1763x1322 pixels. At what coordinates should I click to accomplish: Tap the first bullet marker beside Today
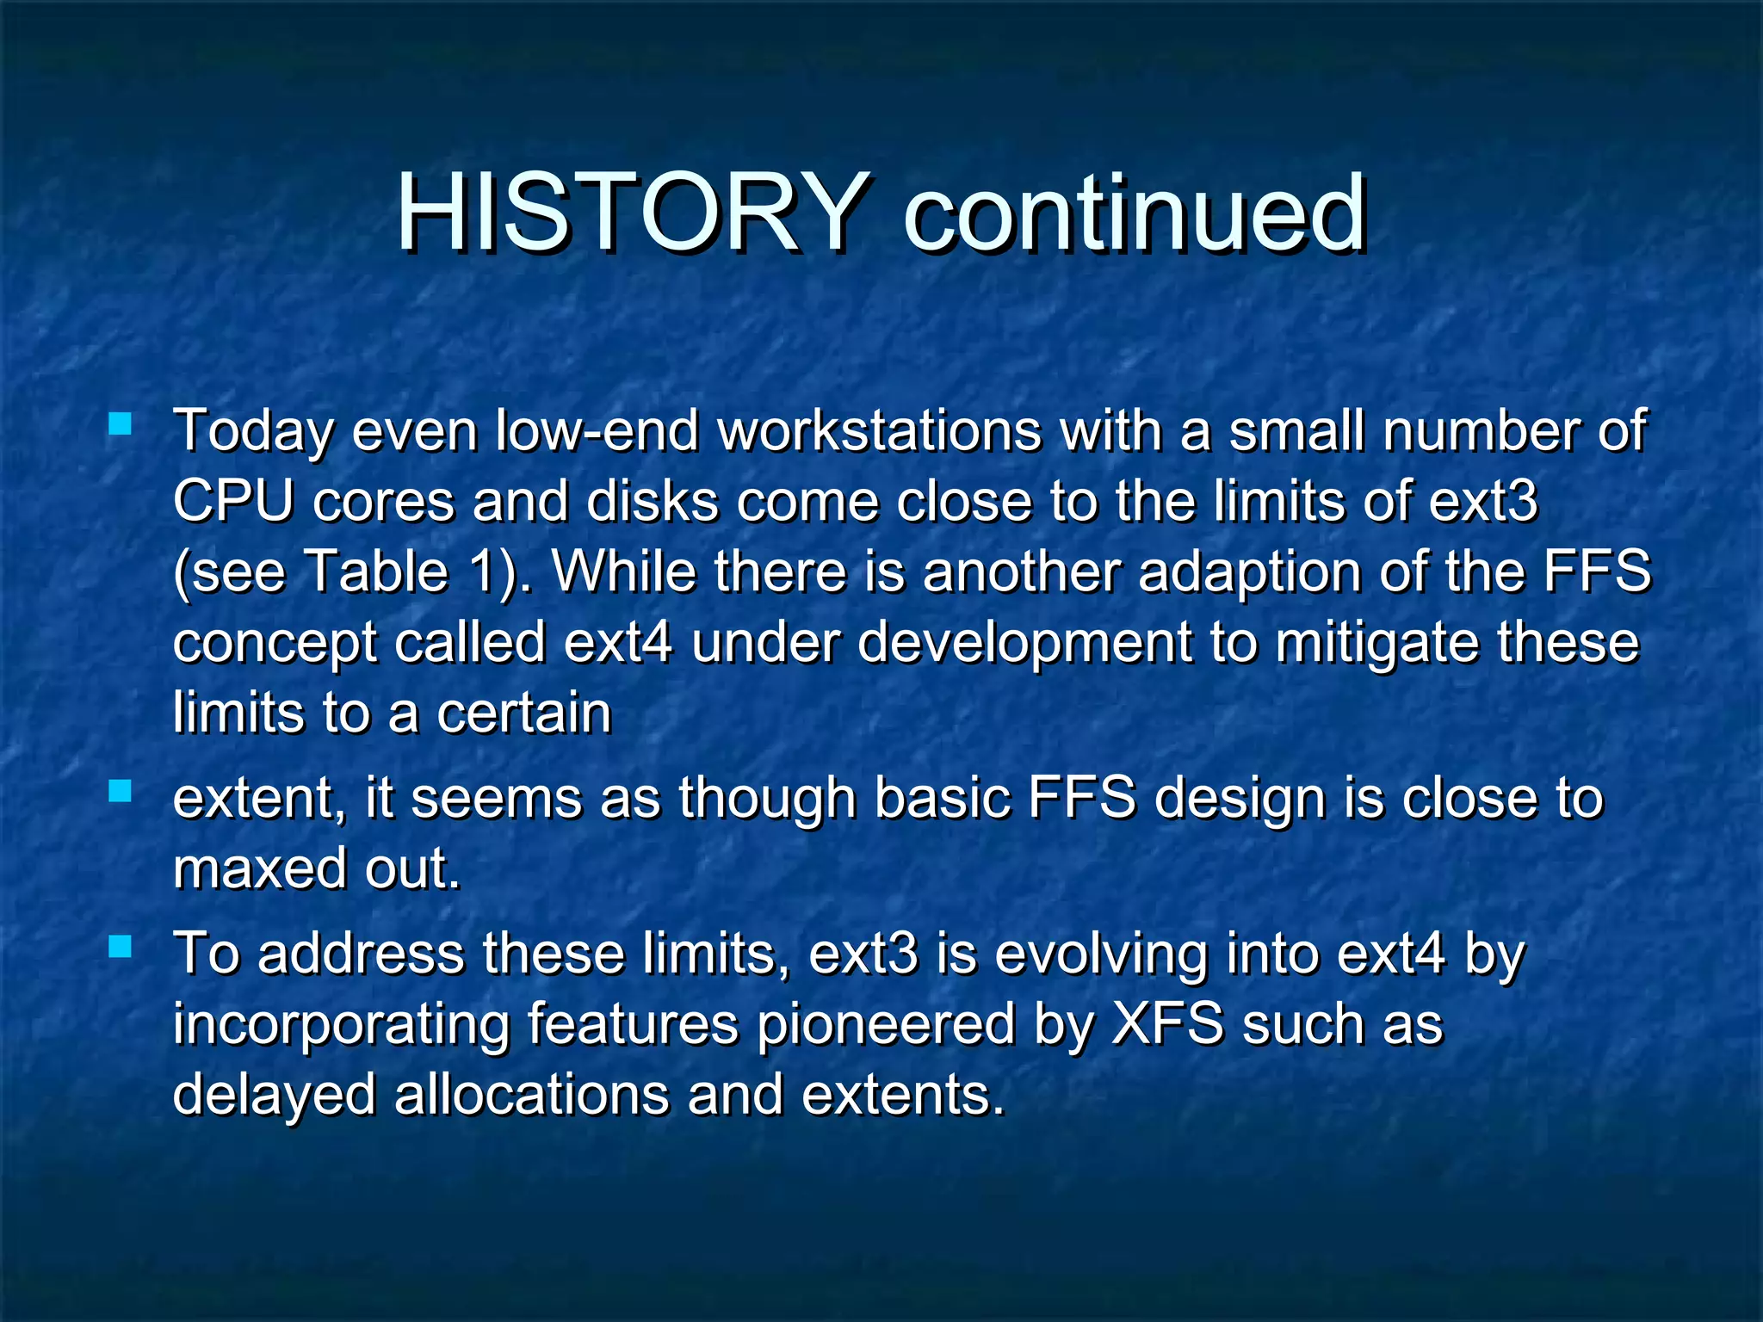[121, 423]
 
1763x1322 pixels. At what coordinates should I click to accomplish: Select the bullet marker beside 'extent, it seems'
[121, 791]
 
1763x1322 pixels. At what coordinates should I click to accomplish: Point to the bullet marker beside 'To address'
[121, 948]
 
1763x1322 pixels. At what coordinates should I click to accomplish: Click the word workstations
[879, 430]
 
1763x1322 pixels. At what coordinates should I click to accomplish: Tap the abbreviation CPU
[232, 501]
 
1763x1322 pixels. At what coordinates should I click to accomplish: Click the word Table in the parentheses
[379, 571]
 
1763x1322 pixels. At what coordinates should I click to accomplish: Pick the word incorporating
[342, 1026]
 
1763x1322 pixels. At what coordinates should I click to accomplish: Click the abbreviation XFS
[1167, 1024]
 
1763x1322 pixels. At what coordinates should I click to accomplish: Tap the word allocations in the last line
[531, 1095]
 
